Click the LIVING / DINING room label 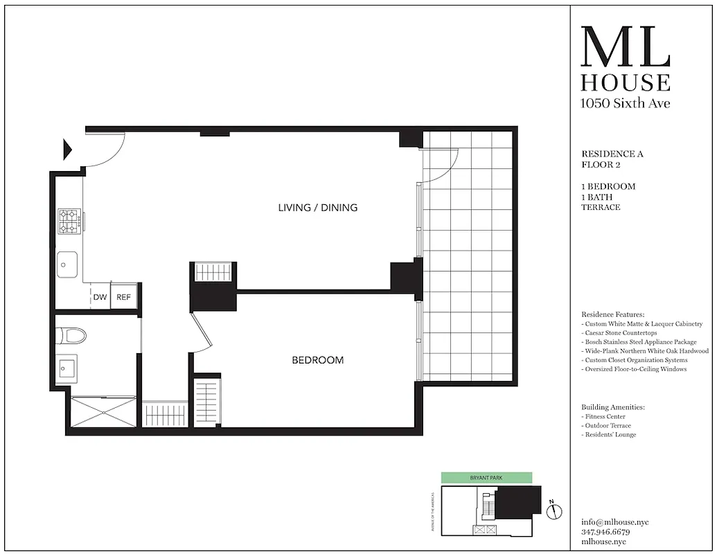(317, 207)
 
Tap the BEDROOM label (317, 360)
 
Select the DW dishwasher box (100, 297)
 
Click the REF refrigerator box (123, 297)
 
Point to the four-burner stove (69, 221)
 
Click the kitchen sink (67, 263)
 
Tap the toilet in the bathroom (72, 336)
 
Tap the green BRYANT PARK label (487, 478)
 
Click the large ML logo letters (625, 48)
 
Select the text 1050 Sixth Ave (625, 104)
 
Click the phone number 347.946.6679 (606, 532)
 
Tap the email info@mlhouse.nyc (615, 522)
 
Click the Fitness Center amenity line (604, 417)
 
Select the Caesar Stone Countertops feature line (619, 333)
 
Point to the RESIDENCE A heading (612, 154)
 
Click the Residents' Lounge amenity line (609, 435)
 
